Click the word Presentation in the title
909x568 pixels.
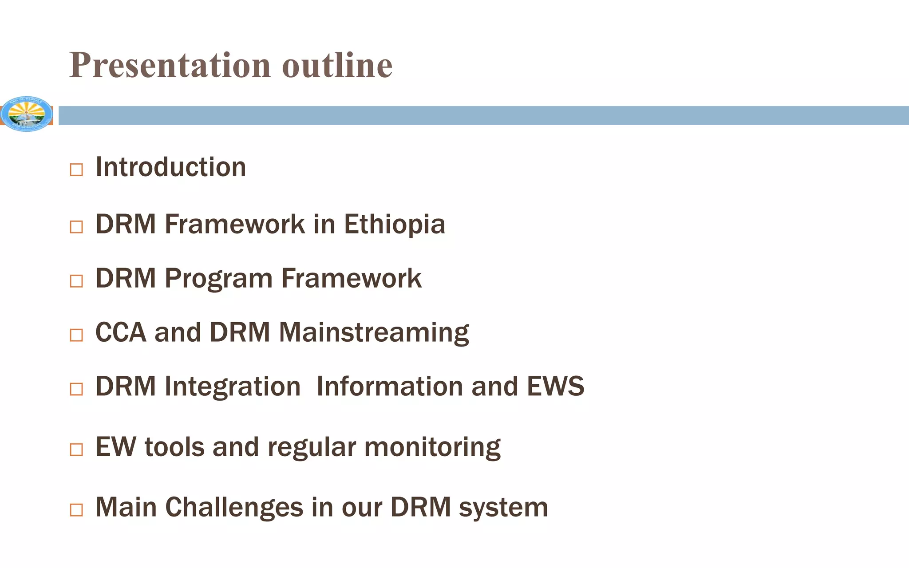(170, 66)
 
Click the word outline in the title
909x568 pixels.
(337, 66)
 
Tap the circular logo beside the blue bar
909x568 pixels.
(26, 114)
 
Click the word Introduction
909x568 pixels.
(171, 167)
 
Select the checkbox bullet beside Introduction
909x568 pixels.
(76, 170)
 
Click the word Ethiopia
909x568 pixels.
(394, 225)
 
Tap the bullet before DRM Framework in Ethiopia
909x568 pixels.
(76, 227)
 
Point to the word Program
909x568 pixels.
(218, 279)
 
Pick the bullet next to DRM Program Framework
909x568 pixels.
(76, 281)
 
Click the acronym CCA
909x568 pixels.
(121, 332)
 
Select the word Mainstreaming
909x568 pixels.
(374, 333)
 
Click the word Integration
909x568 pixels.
(233, 387)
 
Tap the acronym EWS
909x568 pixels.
(555, 387)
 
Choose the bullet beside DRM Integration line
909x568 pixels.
(76, 389)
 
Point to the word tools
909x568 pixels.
(174, 447)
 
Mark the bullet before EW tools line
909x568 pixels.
(76, 450)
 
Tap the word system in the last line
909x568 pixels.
(503, 508)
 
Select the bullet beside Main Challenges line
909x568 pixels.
(76, 510)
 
